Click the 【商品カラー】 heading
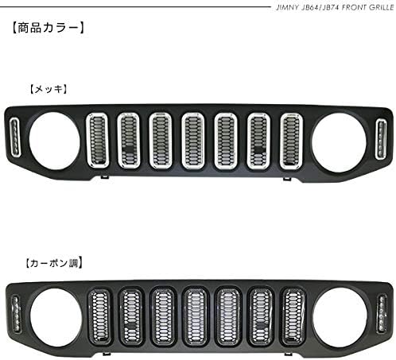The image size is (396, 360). point(49,28)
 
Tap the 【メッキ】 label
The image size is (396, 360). point(49,89)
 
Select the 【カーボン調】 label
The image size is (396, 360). point(54,263)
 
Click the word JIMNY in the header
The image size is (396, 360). point(287,7)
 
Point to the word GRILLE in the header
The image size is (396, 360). point(381,7)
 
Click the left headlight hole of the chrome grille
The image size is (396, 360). point(54,141)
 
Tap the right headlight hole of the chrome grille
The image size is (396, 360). point(339,142)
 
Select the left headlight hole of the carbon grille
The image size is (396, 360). point(56,317)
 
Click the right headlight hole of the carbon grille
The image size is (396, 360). point(341,317)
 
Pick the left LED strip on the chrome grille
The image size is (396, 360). point(15,137)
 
